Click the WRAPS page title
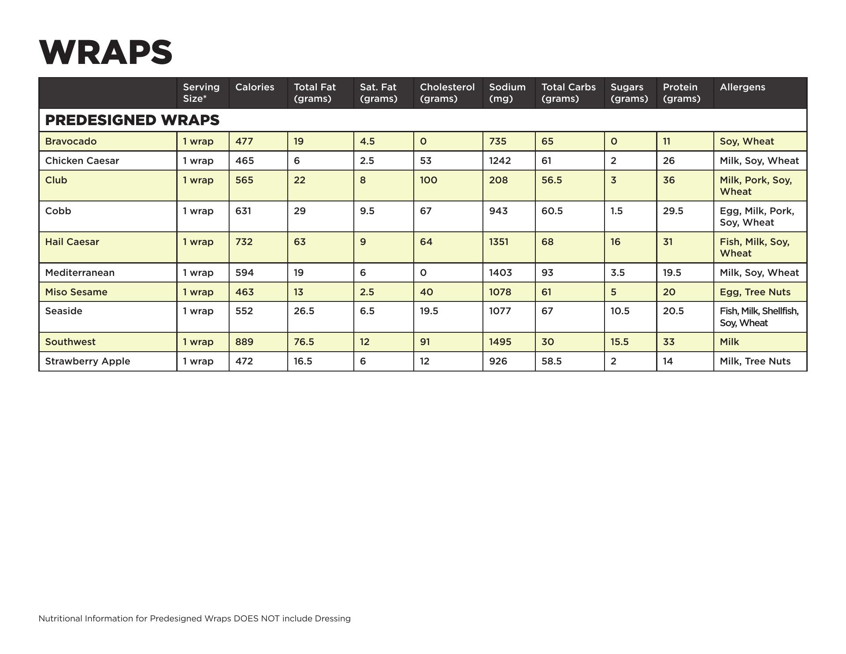pos(106,52)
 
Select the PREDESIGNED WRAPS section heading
pos(132,120)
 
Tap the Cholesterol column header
pos(447,93)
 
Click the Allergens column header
pos(742,87)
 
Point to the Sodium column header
pos(507,93)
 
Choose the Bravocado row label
pos(71,141)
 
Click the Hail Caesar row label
pos(72,242)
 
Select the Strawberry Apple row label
pos(88,361)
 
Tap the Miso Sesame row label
pos(76,292)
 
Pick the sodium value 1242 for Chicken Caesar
pos(500,161)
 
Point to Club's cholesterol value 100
pos(428,180)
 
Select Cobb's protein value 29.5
pos(673,211)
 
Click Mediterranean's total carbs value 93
pos(547,273)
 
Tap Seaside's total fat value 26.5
pos(304,311)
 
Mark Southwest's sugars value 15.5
pos(620,342)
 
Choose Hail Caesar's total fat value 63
pos(300,242)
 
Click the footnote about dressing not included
pos(194,619)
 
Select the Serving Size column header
pos(201,93)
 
